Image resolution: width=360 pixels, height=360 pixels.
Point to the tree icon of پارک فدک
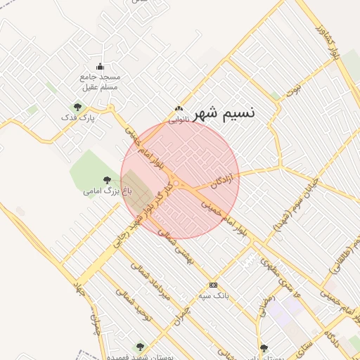click(77, 108)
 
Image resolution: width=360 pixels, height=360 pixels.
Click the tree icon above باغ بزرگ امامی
click(107, 180)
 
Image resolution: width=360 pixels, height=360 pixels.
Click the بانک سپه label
click(233, 295)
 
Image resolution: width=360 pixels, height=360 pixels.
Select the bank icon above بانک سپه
click(214, 285)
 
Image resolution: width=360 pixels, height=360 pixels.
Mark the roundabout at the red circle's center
click(179, 184)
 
